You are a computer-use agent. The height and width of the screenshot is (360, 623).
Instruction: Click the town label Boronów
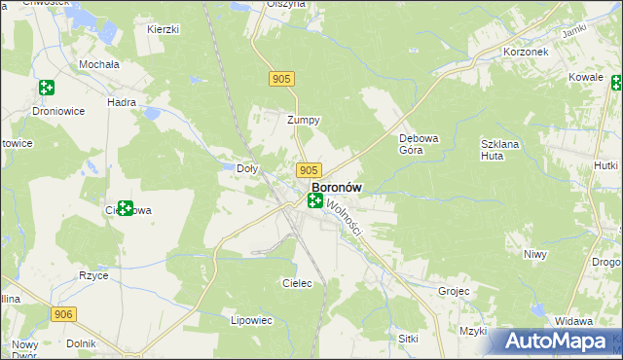337,187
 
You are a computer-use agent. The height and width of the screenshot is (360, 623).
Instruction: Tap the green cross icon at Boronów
315,200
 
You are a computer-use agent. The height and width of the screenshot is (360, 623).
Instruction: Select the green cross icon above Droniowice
46,88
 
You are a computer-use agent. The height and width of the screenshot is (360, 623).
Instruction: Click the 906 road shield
63,313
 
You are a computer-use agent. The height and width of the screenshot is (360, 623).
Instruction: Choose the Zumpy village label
304,121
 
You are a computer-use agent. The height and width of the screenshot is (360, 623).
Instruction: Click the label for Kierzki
163,29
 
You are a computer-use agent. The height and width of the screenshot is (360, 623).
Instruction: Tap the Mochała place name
101,64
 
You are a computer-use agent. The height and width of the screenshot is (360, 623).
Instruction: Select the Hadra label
122,101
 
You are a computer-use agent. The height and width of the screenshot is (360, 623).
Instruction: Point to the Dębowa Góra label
420,144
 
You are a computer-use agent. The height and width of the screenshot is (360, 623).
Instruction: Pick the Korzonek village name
525,51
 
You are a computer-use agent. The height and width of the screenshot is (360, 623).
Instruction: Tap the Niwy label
535,254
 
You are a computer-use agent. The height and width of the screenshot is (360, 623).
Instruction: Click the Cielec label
296,283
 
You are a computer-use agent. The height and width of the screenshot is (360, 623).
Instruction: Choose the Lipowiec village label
251,319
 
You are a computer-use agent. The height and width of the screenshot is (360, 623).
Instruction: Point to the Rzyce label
93,275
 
